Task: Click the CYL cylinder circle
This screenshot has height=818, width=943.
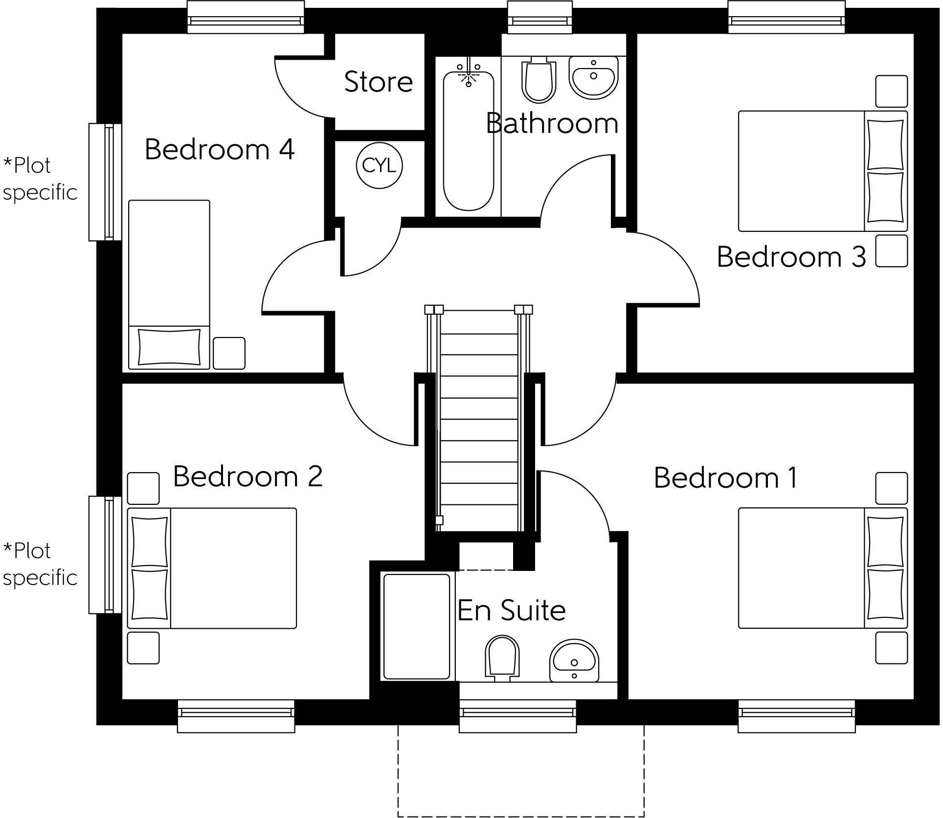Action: [x=379, y=166]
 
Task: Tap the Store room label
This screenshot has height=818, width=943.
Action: [x=379, y=81]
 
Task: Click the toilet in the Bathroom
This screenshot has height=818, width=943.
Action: [x=539, y=81]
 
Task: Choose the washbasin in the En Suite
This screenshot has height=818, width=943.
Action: [x=574, y=660]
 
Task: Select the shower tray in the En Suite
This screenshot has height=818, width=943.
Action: [x=417, y=627]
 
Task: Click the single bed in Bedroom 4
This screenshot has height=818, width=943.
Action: [x=169, y=284]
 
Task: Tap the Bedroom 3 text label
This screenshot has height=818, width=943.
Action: [x=791, y=256]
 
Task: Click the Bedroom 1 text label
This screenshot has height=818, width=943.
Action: [x=725, y=477]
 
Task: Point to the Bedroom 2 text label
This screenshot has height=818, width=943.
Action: [x=248, y=476]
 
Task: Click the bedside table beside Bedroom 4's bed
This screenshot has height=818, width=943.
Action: [x=229, y=353]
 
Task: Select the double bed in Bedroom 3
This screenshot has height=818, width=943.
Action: [x=822, y=171]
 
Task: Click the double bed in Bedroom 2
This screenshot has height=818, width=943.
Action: [x=212, y=568]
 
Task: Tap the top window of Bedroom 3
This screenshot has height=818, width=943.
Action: [x=787, y=18]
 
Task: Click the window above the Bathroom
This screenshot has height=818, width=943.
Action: [x=539, y=18]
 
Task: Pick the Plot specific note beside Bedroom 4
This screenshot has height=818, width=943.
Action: [x=40, y=179]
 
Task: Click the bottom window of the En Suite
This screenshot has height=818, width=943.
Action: [x=517, y=716]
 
